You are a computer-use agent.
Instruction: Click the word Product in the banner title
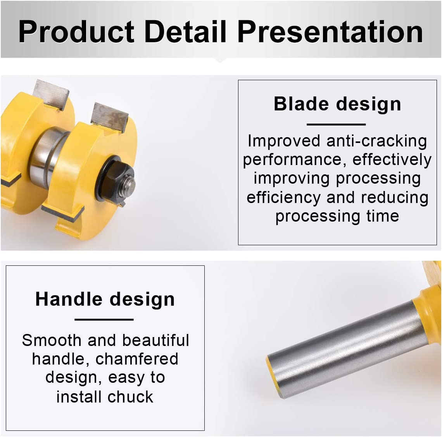tap(76, 31)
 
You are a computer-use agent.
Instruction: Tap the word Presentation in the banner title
tap(330, 31)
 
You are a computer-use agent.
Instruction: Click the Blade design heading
tap(337, 104)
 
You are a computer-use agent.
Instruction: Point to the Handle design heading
tap(105, 299)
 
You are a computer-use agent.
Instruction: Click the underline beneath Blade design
tap(336, 124)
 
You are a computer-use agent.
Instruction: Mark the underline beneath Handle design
tap(104, 320)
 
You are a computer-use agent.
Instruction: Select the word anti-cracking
tap(376, 141)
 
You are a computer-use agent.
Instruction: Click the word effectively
tap(392, 160)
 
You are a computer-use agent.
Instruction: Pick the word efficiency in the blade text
tap(283, 198)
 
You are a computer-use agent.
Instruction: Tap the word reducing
tap(395, 198)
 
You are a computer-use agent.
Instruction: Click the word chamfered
tap(137, 359)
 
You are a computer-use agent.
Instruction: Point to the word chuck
tap(131, 397)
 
